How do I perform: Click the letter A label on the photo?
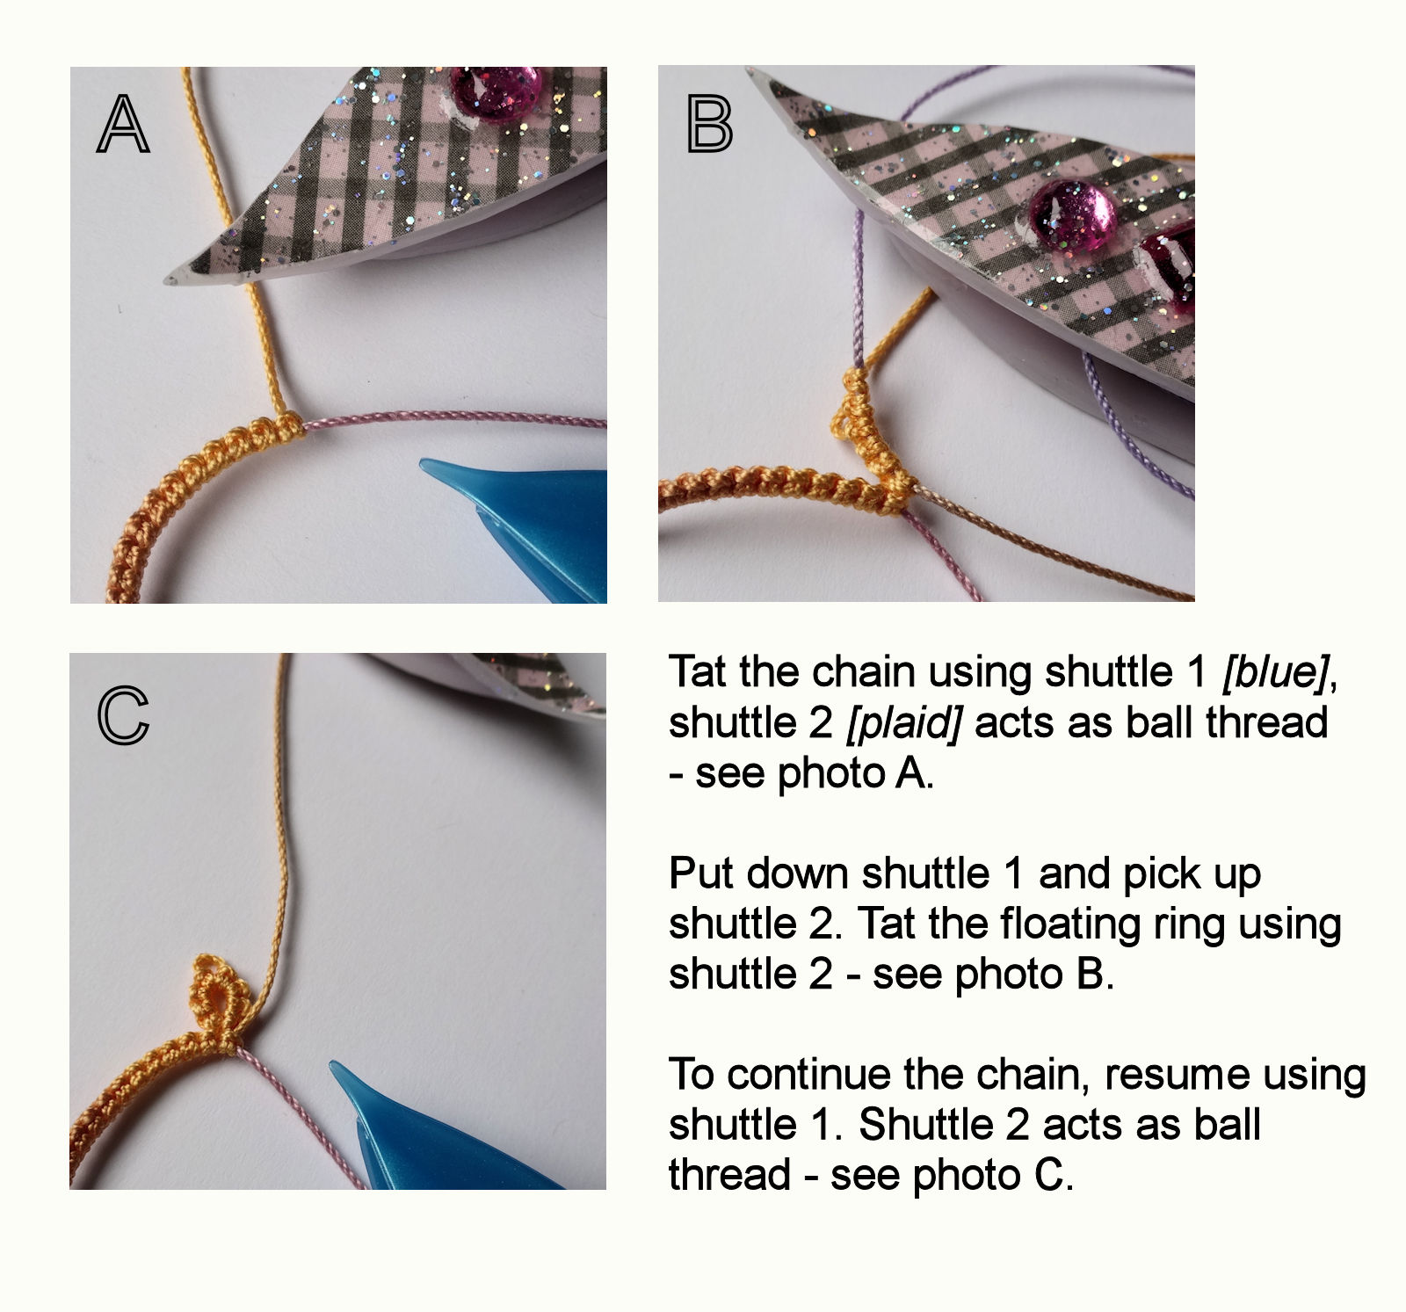tap(122, 124)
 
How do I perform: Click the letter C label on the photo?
tap(123, 715)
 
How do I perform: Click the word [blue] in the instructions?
tap(1275, 672)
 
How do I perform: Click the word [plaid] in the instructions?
tap(903, 722)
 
